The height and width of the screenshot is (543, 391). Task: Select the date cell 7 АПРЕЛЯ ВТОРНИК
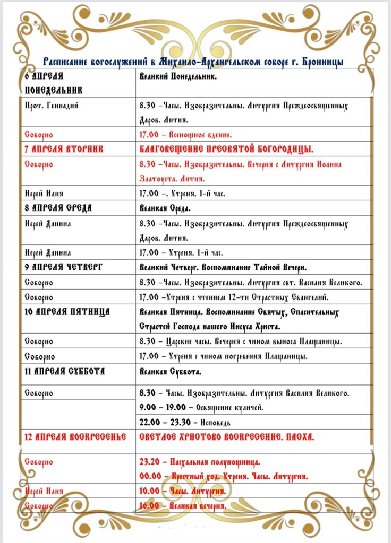click(64, 149)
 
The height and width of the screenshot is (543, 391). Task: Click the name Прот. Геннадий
click(52, 106)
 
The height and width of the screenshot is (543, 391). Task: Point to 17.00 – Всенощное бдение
click(185, 135)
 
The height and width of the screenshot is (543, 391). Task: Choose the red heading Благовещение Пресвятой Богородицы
click(226, 149)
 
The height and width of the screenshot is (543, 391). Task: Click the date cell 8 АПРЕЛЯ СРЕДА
click(58, 208)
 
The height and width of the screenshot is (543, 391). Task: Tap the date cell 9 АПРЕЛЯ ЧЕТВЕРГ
click(63, 267)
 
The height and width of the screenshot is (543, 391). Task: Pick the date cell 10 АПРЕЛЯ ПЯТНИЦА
click(67, 311)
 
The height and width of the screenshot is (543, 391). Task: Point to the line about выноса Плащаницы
click(240, 341)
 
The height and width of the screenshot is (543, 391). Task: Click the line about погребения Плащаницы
click(223, 356)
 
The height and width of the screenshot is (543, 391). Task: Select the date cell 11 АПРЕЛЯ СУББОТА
click(64, 371)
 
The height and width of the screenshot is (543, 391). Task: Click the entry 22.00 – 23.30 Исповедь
click(184, 422)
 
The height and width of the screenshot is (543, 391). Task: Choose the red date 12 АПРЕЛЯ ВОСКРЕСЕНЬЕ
click(75, 437)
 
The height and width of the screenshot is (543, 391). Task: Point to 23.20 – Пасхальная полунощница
click(199, 462)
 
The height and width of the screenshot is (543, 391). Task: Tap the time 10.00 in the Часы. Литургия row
click(149, 492)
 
